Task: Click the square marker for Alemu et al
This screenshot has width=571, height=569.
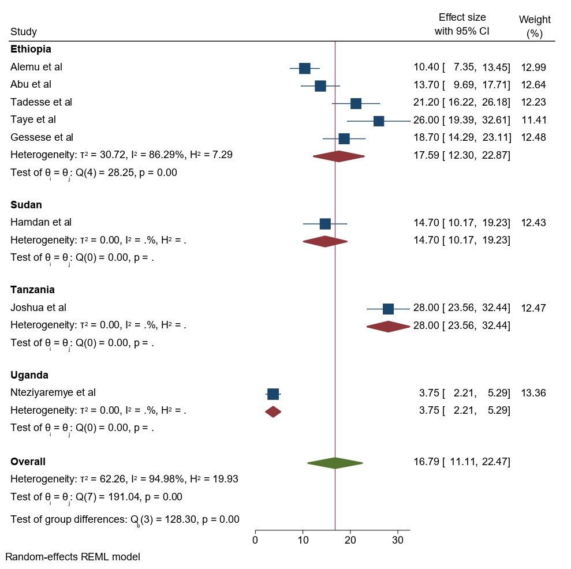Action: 304,68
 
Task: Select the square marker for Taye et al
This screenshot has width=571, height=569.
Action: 379,121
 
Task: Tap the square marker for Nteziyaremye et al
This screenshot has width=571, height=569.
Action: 273,394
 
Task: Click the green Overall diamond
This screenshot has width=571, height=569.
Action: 335,463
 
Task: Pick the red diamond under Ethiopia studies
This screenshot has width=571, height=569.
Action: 339,156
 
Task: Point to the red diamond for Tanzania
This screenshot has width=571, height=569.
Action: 388,327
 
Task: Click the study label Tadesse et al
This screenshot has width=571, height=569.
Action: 41,102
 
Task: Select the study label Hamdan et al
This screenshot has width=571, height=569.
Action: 41,222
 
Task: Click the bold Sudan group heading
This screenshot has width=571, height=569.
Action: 26,204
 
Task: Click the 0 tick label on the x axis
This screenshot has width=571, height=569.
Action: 255,540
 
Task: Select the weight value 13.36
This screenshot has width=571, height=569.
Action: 533,393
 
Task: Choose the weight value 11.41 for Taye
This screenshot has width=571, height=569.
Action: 533,120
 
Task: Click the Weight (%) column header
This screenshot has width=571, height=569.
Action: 535,27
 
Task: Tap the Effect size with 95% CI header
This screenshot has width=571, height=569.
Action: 462,24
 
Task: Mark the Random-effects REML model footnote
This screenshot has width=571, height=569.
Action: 73,557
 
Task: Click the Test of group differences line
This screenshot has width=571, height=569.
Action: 125,519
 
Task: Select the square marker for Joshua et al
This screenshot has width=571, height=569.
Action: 388,309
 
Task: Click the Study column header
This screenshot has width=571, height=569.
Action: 24,32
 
